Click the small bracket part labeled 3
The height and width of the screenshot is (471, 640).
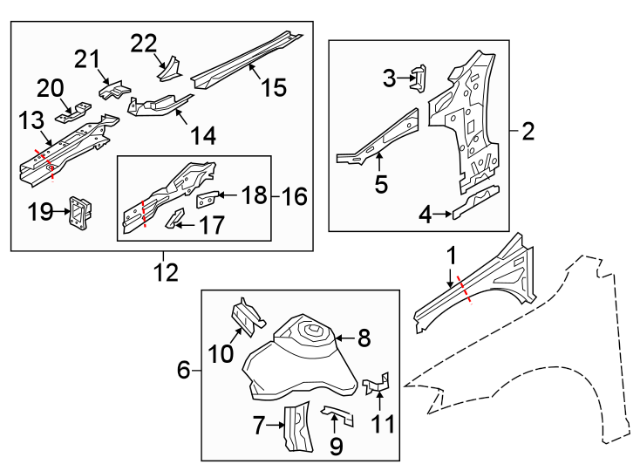418,78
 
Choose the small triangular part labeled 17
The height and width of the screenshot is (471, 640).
175,216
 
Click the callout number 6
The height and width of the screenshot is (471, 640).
184,371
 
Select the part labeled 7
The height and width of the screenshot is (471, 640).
297,427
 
